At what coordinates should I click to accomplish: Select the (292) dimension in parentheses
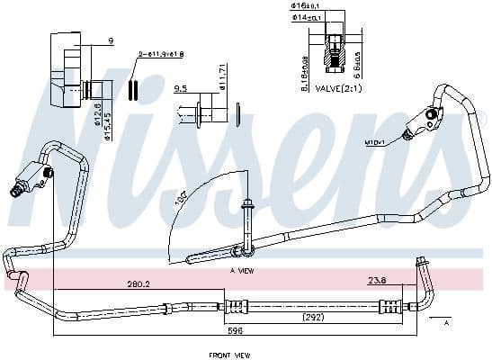point(313,318)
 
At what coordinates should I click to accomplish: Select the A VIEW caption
point(241,269)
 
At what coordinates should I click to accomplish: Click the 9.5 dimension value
point(179,89)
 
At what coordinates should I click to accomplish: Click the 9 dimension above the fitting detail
point(109,40)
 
